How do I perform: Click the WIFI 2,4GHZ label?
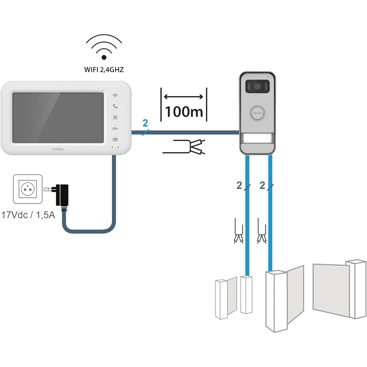[104, 70]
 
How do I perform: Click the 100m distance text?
[184, 111]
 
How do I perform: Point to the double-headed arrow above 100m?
[183, 97]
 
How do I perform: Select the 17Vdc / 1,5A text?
[28, 215]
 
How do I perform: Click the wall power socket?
[28, 189]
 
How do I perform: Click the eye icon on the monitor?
[115, 95]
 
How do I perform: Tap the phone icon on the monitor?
[115, 106]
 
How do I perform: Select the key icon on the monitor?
[115, 128]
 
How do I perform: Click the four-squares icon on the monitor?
[115, 117]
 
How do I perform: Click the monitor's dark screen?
[58, 118]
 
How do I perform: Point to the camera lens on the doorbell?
[257, 87]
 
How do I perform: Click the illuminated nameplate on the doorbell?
[257, 139]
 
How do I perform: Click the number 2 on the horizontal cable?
[145, 123]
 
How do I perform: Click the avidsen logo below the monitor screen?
[58, 149]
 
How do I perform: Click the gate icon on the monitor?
[115, 139]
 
